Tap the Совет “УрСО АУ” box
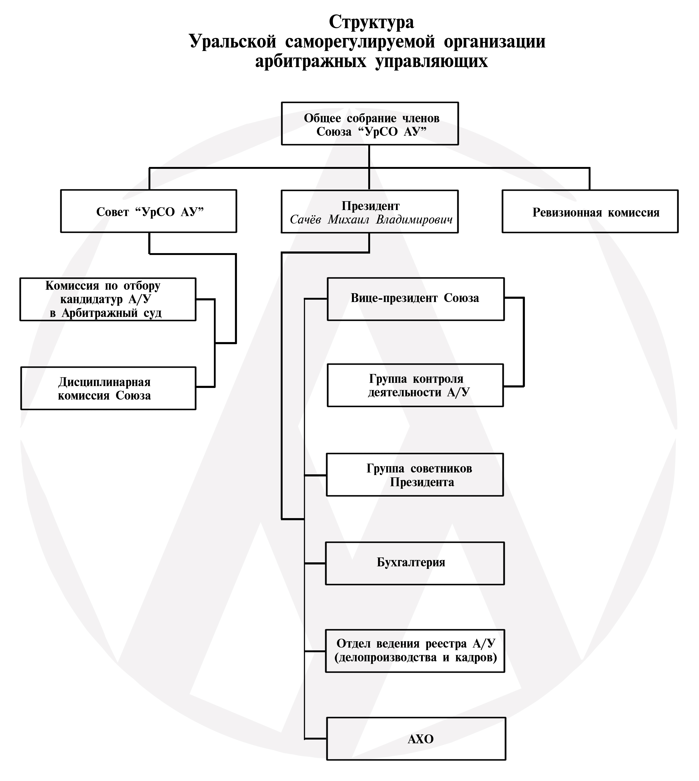149,211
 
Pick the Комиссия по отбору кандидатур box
108,299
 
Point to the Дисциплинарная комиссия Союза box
108,388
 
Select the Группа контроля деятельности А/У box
415,385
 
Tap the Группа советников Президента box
415,475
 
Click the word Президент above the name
371,206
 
